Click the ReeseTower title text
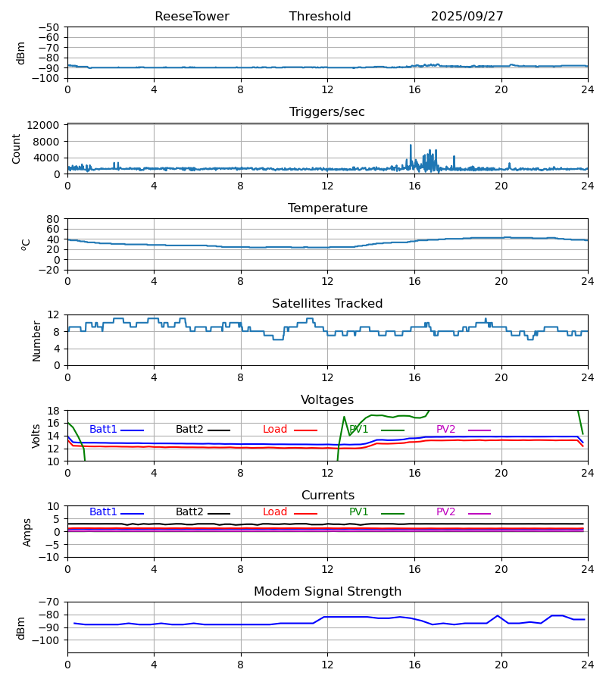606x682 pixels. tap(192, 17)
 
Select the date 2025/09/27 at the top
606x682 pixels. tap(467, 17)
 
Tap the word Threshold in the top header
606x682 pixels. tap(320, 17)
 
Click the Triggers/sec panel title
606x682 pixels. tap(327, 112)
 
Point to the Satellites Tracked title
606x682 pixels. tap(327, 304)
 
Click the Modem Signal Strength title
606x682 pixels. tap(327, 592)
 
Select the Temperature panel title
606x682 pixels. tap(327, 208)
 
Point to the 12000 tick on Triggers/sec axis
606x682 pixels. tap(47, 125)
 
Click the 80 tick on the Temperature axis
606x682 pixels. tap(53, 219)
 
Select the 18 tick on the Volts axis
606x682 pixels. tap(53, 411)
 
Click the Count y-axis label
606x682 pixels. tap(17, 149)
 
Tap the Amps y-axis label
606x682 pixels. tap(27, 532)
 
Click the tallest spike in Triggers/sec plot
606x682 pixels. tap(411, 145)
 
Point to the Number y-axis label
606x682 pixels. tap(37, 340)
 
